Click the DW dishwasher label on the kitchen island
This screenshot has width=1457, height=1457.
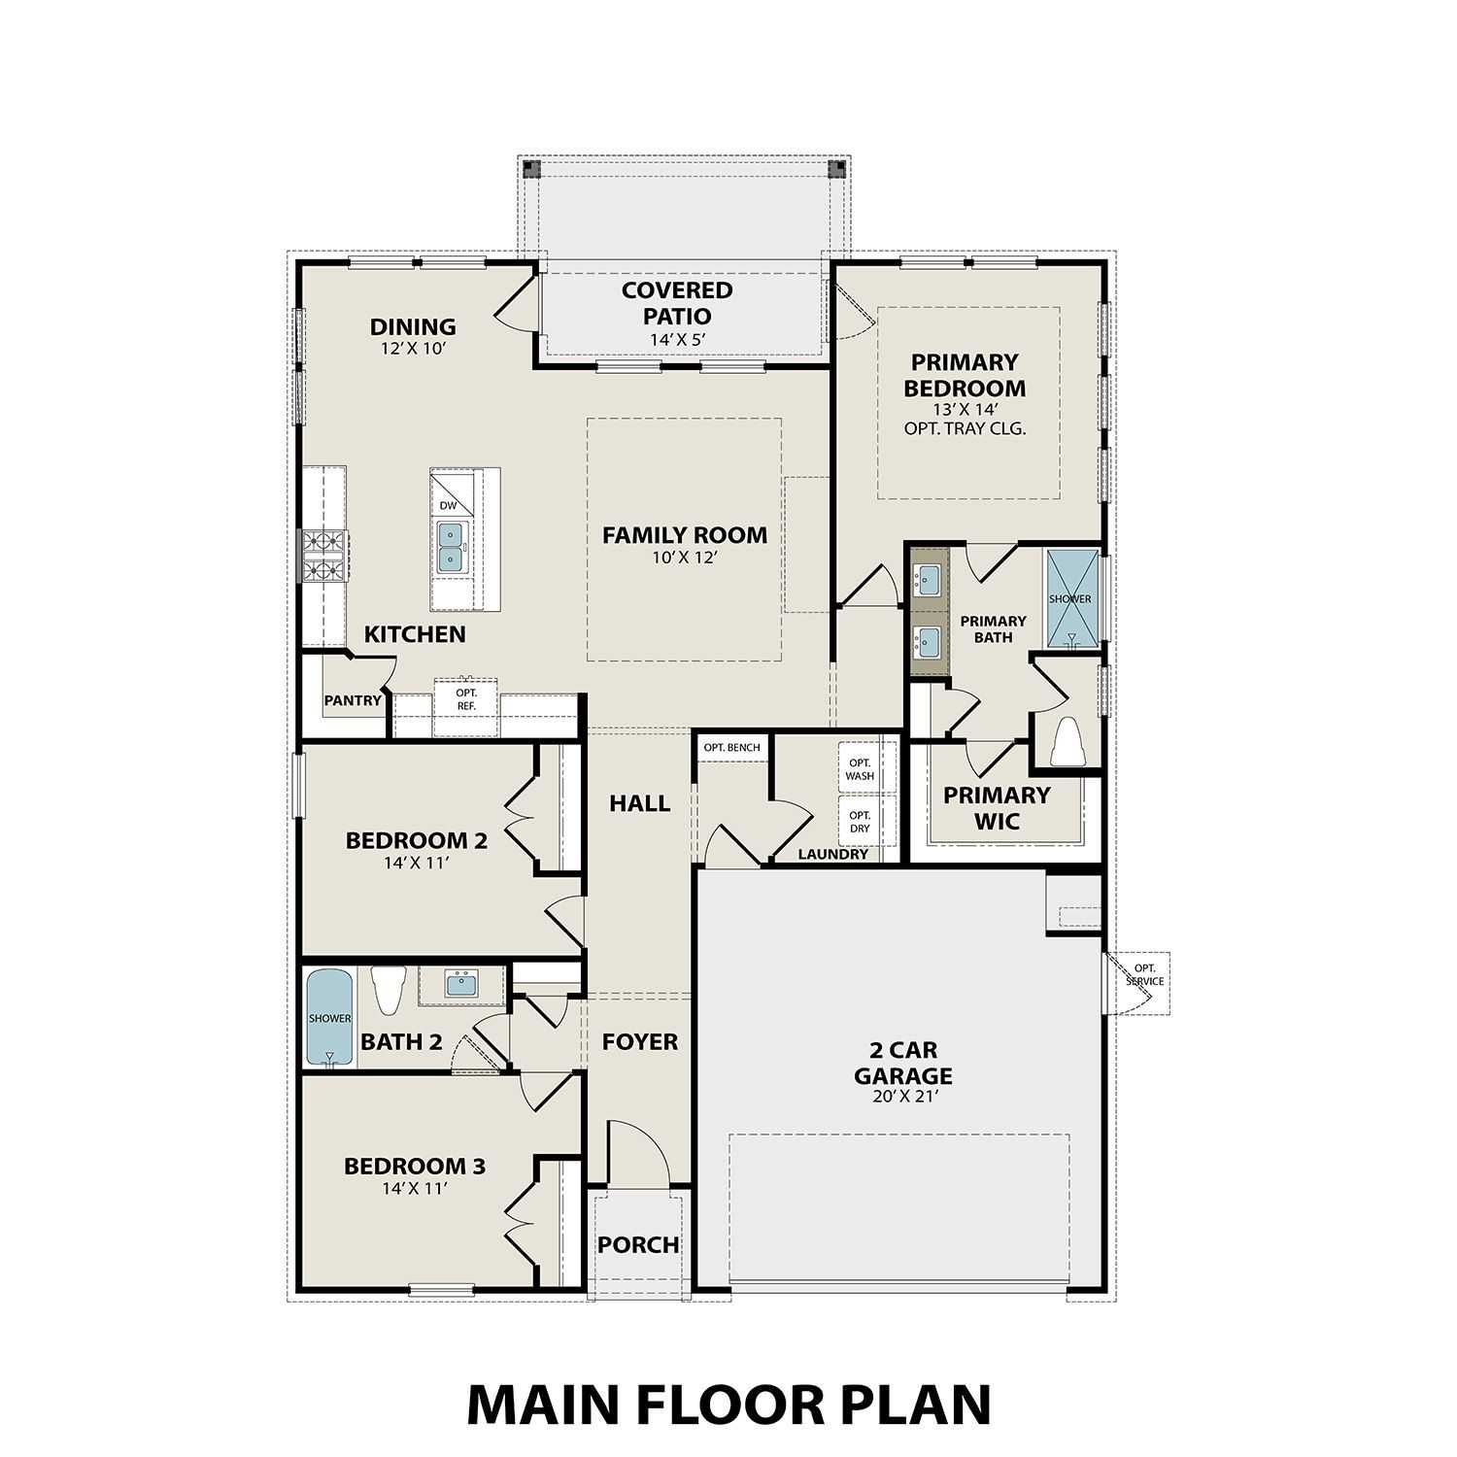click(448, 506)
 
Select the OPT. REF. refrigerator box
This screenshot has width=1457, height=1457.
click(466, 699)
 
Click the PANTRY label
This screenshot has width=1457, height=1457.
click(353, 700)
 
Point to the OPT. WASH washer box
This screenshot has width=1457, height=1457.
click(860, 769)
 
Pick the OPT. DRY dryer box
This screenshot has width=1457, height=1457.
click(860, 822)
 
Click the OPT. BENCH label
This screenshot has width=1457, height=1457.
click(732, 747)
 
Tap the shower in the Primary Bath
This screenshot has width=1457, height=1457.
click(1070, 597)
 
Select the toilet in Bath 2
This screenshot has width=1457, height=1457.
click(388, 990)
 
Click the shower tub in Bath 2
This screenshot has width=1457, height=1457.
click(329, 1019)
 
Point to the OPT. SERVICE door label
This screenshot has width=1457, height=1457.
click(1145, 974)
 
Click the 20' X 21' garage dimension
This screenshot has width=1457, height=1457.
click(902, 1098)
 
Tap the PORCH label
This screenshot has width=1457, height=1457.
click(638, 1245)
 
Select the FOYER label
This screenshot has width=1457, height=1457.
click(639, 1042)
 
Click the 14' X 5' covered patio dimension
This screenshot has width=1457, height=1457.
click(677, 340)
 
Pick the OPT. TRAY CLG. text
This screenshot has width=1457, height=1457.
click(965, 428)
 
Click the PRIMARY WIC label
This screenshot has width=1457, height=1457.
click(997, 808)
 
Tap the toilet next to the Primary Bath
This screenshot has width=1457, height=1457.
click(1067, 740)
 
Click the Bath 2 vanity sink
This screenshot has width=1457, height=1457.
click(461, 985)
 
